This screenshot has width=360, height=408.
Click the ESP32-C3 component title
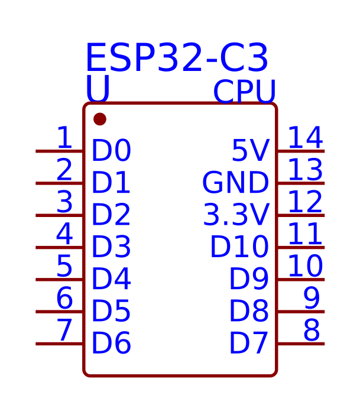(177, 59)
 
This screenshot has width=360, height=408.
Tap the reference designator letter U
(98, 89)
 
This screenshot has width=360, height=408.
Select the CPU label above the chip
(244, 92)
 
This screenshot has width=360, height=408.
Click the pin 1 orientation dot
(100, 119)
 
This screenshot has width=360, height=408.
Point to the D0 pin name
(111, 151)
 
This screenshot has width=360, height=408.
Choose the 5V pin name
(250, 151)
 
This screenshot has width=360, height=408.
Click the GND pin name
(235, 183)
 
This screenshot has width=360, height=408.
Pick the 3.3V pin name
(236, 215)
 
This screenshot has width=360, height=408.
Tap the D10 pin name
(239, 247)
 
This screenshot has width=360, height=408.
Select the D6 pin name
(111, 344)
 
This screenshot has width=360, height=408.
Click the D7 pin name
(249, 344)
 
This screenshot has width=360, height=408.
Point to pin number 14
(305, 138)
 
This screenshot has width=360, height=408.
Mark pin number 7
(64, 331)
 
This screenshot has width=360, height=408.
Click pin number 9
(312, 299)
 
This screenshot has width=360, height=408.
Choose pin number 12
(305, 202)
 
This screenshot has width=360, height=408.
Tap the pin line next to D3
(60, 247)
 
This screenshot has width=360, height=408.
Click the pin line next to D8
(300, 312)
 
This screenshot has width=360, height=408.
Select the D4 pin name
(111, 280)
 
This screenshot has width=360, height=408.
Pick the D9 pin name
(249, 280)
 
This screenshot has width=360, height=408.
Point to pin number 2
(64, 170)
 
